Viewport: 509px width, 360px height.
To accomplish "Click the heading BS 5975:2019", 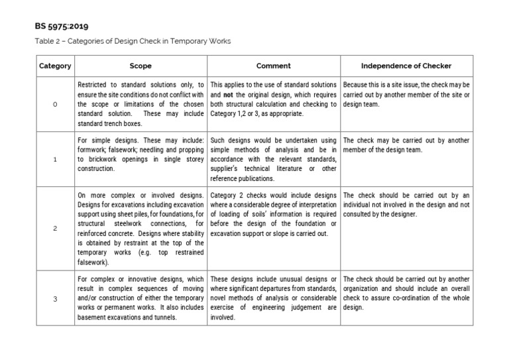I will point(62,27).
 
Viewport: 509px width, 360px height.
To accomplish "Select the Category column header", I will point(55,66).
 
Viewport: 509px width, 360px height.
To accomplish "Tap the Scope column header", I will point(141,66).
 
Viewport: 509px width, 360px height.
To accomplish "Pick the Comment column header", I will point(274,66).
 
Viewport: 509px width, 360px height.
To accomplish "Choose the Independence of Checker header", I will point(406,66).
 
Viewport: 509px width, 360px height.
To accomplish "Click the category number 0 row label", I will point(55,105).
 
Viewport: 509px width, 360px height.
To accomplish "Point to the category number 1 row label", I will point(55,160).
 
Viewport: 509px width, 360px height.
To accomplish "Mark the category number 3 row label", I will point(55,298).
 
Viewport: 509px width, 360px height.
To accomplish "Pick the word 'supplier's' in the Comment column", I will point(227,169).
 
